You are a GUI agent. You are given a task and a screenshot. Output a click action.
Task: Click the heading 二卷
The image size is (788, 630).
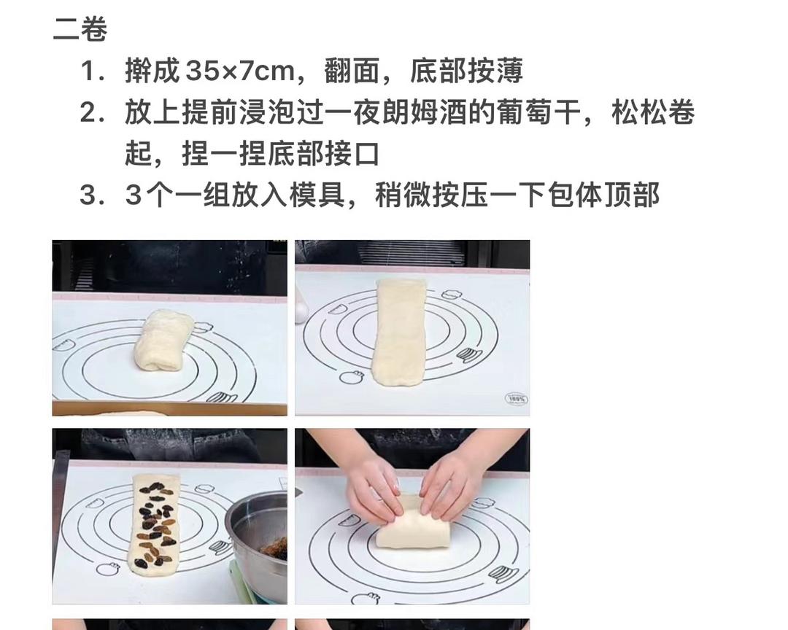click(80, 29)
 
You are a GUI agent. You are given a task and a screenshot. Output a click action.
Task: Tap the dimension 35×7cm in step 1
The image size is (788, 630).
click(240, 70)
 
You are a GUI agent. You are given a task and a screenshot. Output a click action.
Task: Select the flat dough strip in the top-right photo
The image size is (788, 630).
click(399, 332)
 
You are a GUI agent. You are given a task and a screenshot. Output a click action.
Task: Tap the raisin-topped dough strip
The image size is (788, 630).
click(154, 524)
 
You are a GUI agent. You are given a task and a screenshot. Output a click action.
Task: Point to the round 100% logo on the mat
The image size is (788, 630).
click(516, 399)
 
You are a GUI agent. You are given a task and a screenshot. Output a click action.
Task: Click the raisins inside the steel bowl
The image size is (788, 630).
click(274, 548)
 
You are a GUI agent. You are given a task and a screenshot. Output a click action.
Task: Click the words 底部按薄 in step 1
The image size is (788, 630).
click(466, 70)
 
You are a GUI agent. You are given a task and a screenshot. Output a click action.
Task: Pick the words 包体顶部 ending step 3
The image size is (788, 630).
click(603, 195)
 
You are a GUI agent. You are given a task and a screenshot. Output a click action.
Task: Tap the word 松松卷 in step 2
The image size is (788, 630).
click(653, 112)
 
